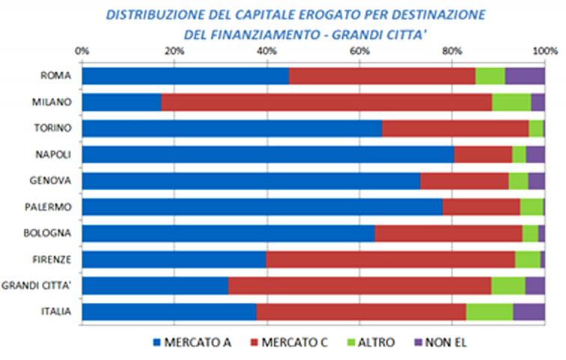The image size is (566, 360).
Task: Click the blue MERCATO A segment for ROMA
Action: point(185,76)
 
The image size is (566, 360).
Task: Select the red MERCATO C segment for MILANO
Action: point(326,102)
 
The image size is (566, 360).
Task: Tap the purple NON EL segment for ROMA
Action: point(525,76)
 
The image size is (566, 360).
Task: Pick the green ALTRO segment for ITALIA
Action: point(490,311)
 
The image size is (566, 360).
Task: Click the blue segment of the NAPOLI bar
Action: point(268,154)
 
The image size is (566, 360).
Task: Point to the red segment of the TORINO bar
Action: point(455,128)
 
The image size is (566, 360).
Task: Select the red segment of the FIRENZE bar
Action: point(391,259)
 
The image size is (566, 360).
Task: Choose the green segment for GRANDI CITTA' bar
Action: point(508,285)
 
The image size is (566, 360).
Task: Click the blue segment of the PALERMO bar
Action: point(262,207)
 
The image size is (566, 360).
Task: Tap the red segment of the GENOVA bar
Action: point(464,180)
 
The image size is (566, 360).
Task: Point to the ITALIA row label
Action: point(56,311)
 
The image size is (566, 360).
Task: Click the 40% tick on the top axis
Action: point(267,51)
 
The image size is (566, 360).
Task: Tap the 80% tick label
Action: point(451,51)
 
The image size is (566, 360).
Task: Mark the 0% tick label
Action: point(82,51)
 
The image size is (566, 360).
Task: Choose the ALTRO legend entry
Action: point(372,343)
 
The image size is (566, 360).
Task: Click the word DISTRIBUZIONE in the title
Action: point(153,14)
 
